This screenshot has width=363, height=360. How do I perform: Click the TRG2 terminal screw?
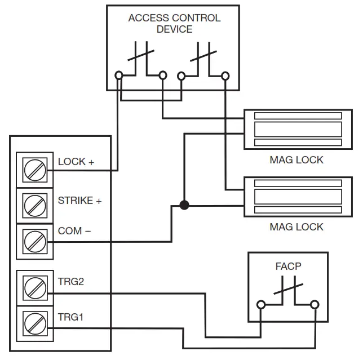34,287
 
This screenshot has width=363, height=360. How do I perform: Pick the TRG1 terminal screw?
34,324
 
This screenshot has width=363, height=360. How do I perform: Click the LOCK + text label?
76,162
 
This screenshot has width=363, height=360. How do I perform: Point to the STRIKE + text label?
80,201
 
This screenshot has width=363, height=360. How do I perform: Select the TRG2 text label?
71,281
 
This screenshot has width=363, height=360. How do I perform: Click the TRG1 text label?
71,317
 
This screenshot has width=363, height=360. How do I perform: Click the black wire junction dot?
184,205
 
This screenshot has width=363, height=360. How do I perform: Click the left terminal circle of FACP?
262,305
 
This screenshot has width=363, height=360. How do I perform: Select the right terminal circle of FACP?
314,305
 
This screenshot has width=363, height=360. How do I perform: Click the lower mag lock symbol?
298,196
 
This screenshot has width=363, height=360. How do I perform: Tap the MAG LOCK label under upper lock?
296,160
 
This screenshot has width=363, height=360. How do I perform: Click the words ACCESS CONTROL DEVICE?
174,23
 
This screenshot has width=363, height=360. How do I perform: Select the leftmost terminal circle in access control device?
119,75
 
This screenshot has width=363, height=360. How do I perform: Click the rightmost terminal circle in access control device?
225,75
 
